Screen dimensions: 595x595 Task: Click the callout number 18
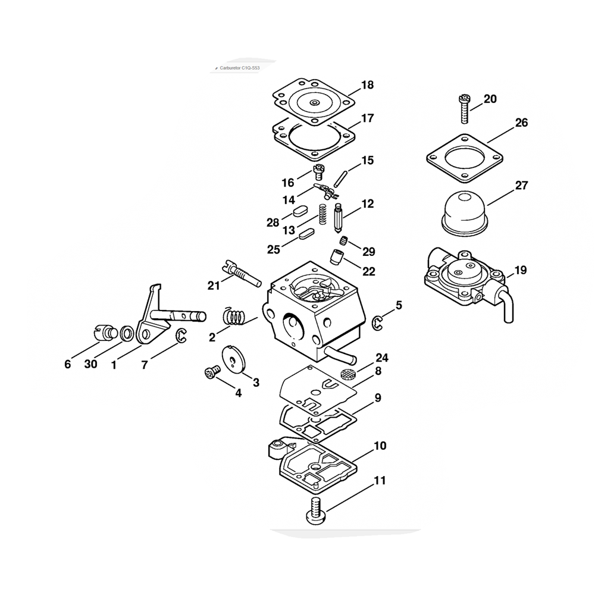click(x=367, y=85)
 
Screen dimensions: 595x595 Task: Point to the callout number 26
click(x=521, y=123)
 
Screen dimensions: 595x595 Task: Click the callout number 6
click(x=67, y=364)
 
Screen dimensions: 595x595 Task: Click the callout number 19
click(x=521, y=270)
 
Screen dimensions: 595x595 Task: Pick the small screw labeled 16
click(x=319, y=172)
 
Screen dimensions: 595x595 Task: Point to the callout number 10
click(x=380, y=445)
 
